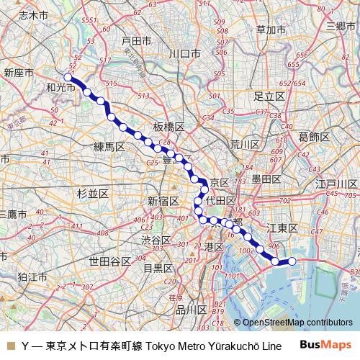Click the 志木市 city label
[x=32, y=14]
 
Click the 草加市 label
[x=270, y=30]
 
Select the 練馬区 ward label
[x=109, y=147]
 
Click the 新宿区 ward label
[x=163, y=200]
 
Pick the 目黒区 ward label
[x=158, y=268]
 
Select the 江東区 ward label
[x=282, y=228]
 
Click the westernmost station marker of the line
[x=68, y=76]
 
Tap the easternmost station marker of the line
[x=292, y=261]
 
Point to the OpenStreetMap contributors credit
[x=297, y=323]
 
